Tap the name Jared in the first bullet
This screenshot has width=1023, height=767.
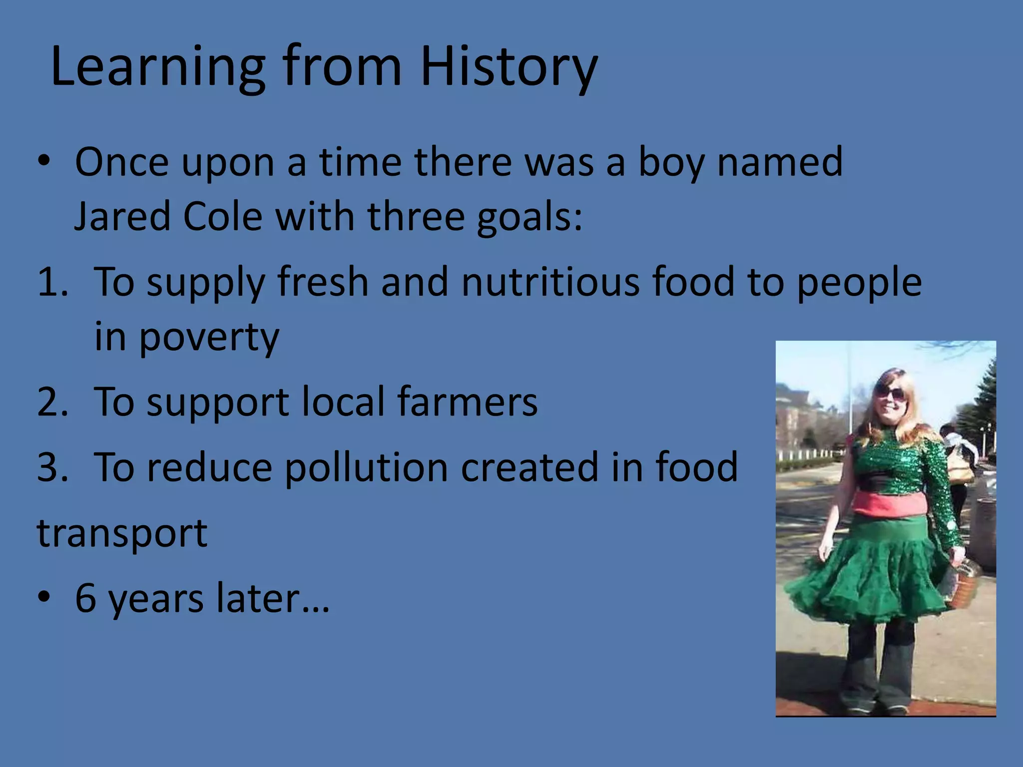click(x=122, y=217)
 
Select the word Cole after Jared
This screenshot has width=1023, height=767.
click(x=222, y=217)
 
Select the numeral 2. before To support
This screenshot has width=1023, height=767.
click(x=52, y=402)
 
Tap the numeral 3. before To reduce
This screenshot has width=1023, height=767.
click(x=52, y=467)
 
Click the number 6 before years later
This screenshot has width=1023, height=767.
click(x=85, y=598)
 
